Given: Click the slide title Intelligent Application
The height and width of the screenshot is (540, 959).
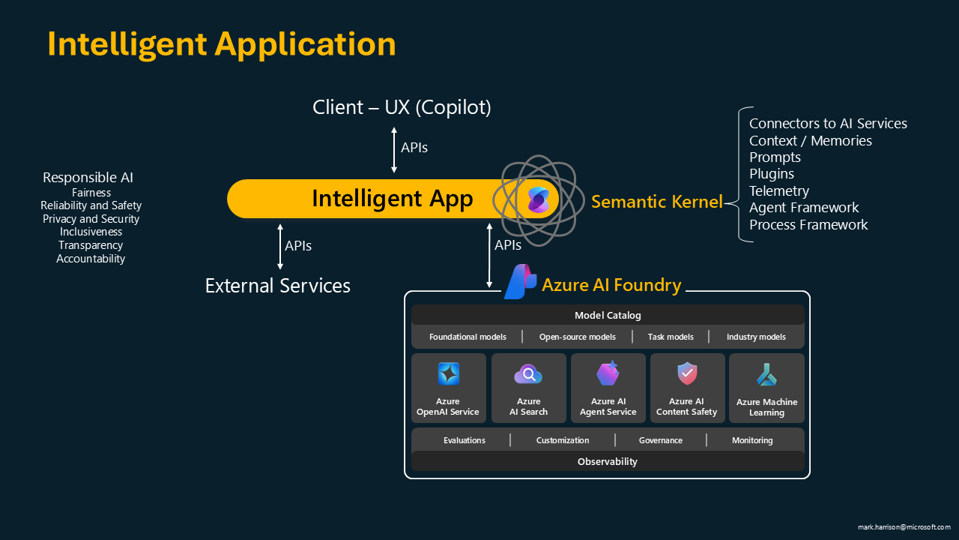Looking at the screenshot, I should click(222, 44).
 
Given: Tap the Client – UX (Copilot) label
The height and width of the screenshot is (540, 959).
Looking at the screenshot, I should click(402, 107).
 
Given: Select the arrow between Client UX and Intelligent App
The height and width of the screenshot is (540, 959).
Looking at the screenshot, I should click(394, 150).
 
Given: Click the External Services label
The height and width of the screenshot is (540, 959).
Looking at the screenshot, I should click(278, 286).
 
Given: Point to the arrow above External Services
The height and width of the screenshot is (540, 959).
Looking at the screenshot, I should click(280, 247).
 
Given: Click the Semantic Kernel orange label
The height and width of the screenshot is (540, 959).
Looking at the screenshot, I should click(657, 201).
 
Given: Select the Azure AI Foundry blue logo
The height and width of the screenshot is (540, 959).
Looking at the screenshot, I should click(520, 282).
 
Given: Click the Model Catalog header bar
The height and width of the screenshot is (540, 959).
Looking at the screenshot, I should click(608, 315).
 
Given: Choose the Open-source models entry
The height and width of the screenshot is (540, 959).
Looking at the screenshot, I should click(578, 337).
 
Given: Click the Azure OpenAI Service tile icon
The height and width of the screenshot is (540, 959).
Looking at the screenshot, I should click(449, 373).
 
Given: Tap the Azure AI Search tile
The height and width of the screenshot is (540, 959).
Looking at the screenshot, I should click(528, 388).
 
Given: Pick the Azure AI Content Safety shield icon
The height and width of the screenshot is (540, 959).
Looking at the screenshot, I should click(687, 373).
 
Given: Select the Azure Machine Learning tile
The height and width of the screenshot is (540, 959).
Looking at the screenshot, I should click(766, 388).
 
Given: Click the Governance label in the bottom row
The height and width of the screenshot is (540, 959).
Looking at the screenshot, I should click(661, 440).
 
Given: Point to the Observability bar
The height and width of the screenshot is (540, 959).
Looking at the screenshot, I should click(608, 461).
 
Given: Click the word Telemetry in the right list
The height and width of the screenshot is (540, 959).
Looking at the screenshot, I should click(779, 190).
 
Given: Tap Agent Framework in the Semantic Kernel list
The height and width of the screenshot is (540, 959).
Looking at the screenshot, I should click(804, 208).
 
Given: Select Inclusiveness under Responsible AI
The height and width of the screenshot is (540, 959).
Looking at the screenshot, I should click(91, 232).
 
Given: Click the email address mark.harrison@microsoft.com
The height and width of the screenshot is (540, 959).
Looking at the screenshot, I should click(904, 527).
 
